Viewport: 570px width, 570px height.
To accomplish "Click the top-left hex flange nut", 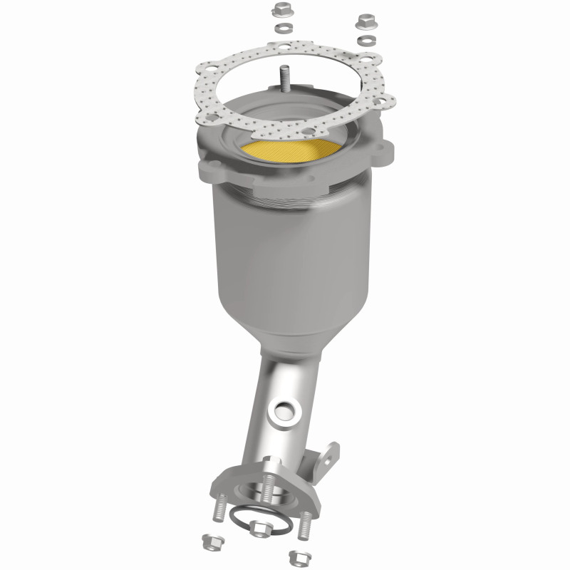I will [280, 11].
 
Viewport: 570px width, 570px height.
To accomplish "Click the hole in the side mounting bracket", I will [328, 453].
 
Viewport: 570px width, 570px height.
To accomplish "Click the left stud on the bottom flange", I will [217, 510].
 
